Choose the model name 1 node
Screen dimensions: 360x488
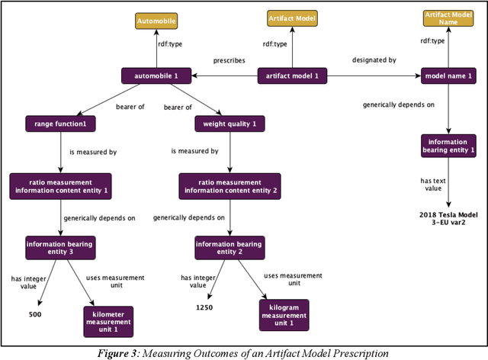point(448,76)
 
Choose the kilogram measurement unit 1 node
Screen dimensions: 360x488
point(284,314)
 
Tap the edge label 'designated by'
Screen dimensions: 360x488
point(373,59)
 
